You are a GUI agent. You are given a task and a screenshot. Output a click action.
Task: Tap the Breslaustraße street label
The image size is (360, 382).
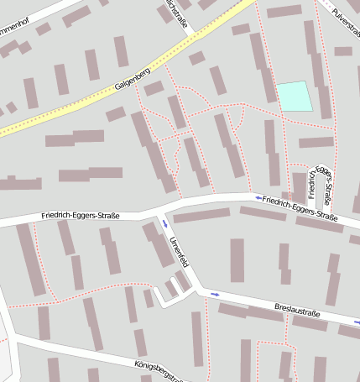pos(297,311)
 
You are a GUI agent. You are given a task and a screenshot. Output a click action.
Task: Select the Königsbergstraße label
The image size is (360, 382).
pos(159,370)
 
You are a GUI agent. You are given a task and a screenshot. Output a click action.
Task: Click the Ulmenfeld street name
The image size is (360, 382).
pos(178,252)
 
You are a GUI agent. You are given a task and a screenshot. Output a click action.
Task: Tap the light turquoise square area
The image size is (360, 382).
pos(294,96)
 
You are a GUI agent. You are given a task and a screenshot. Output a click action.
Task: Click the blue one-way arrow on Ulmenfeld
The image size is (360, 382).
pos(165,222)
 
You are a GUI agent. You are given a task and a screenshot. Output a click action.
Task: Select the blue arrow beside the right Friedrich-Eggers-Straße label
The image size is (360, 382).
pos(258,198)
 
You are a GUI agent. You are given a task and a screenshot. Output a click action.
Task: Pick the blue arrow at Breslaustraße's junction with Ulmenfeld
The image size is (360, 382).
pos(216,294)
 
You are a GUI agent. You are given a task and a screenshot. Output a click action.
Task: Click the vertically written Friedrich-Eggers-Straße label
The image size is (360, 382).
pos(323,185)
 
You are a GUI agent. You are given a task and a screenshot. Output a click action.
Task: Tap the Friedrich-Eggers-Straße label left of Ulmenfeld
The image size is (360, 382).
pos(81,216)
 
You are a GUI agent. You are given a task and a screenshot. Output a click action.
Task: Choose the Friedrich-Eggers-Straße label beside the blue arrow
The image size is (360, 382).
pos(300,208)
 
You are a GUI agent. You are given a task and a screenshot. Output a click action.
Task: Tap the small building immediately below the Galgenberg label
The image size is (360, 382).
pos(153,88)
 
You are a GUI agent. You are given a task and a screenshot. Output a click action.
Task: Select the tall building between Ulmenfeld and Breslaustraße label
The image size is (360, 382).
pos(237,260)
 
